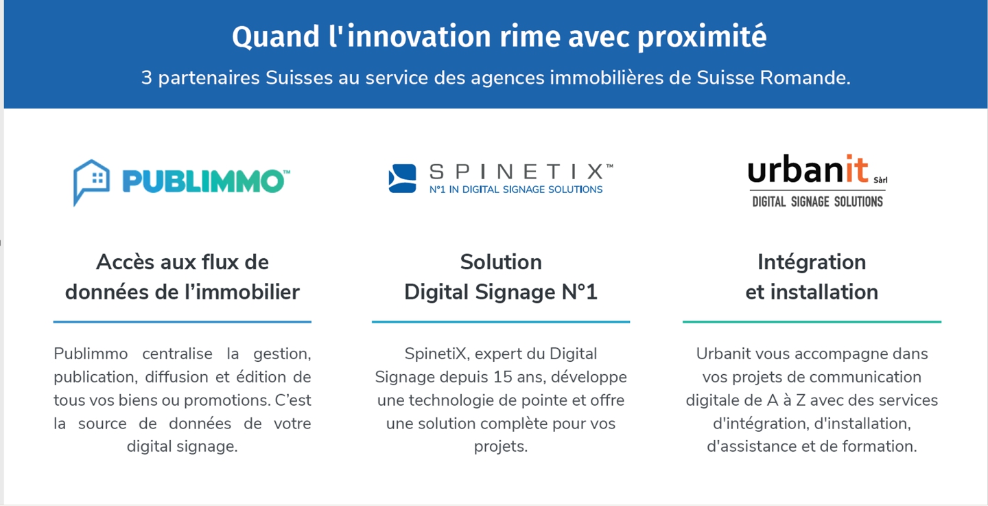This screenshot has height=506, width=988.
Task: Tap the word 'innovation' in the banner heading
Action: [419, 36]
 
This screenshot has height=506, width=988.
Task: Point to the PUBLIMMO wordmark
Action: [206, 181]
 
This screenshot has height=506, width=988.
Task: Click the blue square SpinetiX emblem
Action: [402, 179]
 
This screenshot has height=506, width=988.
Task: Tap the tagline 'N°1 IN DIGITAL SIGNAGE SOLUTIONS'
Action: [516, 189]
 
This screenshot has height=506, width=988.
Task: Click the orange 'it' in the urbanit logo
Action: [856, 168]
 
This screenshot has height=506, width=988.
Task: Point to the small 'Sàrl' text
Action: [880, 180]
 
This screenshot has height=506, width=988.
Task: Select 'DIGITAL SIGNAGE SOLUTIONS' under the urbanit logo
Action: [817, 202]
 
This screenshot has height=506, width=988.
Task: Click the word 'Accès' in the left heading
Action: [125, 262]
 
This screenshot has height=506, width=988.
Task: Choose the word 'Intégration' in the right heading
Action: [812, 263]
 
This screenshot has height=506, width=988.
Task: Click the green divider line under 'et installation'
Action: [812, 322]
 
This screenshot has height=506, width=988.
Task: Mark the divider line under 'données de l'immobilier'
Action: [183, 322]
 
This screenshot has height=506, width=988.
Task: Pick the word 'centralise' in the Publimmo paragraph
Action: [177, 354]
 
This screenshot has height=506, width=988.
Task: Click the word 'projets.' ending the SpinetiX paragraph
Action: [501, 447]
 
